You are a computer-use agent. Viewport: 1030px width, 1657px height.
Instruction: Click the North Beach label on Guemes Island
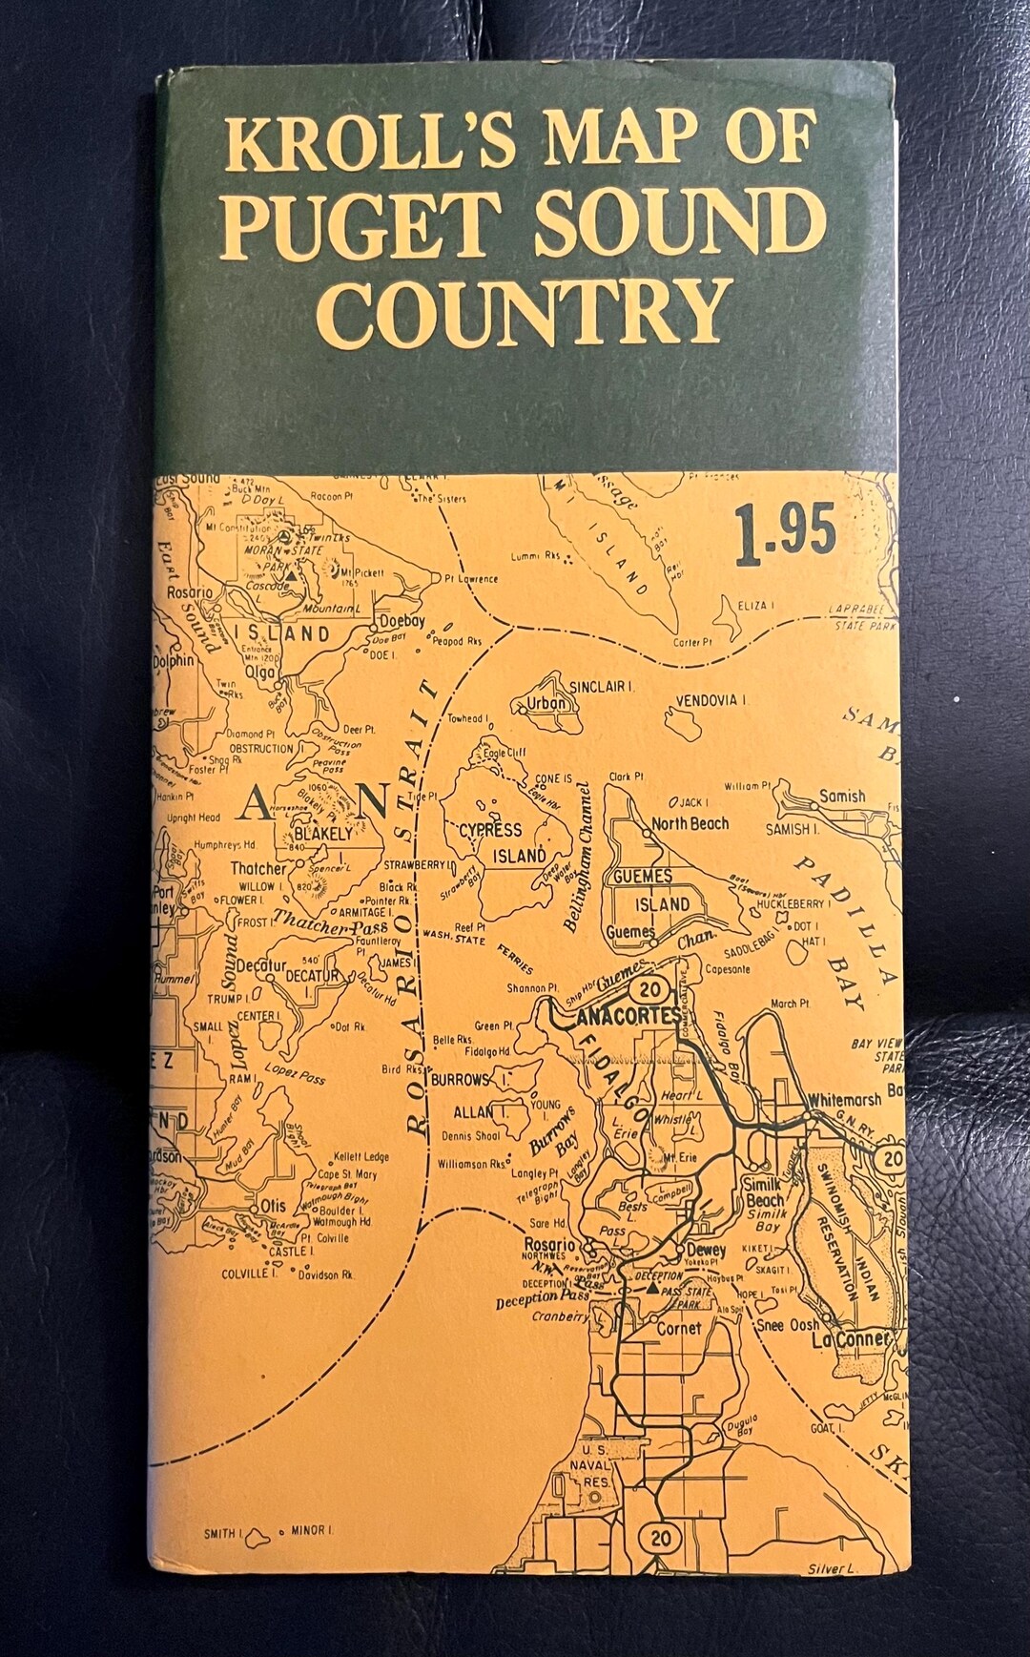coord(690,823)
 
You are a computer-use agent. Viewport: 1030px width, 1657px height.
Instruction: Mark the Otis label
coord(272,1207)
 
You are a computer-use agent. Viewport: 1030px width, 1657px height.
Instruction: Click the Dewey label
coord(706,1250)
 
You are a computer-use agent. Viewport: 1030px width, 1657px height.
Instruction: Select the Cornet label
coord(678,1327)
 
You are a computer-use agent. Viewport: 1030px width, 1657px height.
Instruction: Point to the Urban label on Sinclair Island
coord(546,705)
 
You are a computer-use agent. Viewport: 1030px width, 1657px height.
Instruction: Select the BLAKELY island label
coord(328,833)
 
